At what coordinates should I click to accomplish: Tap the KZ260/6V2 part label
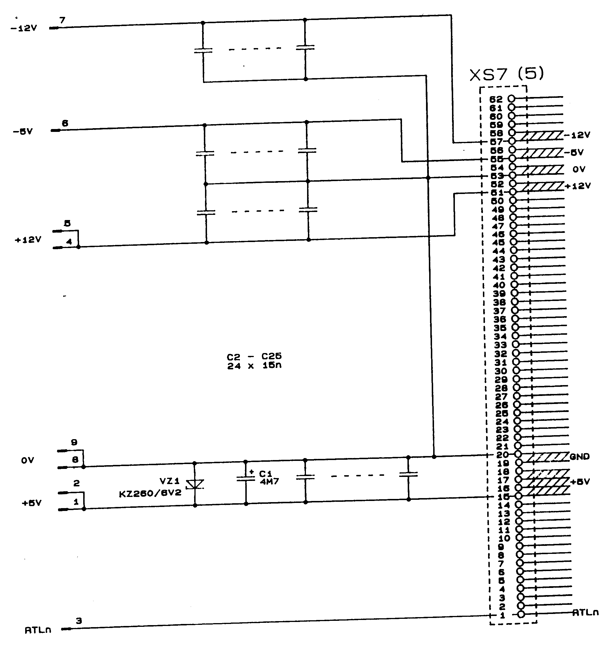(150, 494)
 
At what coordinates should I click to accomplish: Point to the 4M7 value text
(269, 481)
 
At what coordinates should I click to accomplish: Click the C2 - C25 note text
(254, 356)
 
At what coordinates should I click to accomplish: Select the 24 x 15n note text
(254, 366)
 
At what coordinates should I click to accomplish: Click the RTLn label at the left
(38, 630)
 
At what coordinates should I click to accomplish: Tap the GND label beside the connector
(580, 457)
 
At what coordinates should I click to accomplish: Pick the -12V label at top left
(24, 28)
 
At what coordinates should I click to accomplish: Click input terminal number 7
(62, 20)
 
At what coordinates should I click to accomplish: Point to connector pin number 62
(496, 99)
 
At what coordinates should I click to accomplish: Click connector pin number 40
(499, 285)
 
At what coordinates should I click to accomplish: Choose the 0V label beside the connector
(579, 169)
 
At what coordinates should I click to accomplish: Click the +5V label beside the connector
(580, 482)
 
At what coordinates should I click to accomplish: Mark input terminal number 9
(74, 442)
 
